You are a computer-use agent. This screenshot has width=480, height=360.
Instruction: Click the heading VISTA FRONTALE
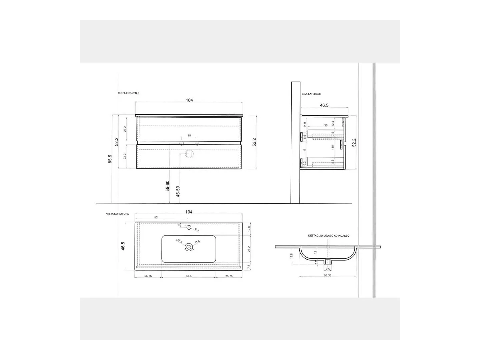pyautogui.click(x=129, y=93)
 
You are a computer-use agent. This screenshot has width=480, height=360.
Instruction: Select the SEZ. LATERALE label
pyautogui.click(x=312, y=94)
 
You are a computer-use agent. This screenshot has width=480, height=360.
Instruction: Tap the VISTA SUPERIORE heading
pyautogui.click(x=118, y=214)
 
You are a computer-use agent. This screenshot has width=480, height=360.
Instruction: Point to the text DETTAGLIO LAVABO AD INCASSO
pyautogui.click(x=329, y=236)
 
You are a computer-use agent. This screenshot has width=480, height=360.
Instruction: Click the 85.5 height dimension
pyautogui.click(x=110, y=159)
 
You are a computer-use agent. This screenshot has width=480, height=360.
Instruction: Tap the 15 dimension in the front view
pyautogui.click(x=189, y=136)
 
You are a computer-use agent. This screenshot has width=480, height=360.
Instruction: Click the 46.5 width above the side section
pyautogui.click(x=324, y=105)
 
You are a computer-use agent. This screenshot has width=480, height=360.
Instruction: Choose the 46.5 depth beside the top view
pyautogui.click(x=123, y=246)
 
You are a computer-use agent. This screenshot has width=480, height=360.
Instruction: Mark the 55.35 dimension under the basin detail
pyautogui.click(x=328, y=275)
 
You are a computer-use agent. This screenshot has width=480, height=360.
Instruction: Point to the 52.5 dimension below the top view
pyautogui.click(x=188, y=276)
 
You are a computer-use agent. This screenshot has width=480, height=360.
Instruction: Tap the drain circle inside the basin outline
pyautogui.click(x=189, y=248)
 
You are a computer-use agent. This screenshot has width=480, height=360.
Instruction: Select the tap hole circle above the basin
pyautogui.click(x=189, y=227)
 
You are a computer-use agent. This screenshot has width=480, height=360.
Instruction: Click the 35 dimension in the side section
pyautogui.click(x=326, y=126)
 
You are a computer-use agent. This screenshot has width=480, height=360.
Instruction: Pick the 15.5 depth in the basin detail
pyautogui.click(x=292, y=255)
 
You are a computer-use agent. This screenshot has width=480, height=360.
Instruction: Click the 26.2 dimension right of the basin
pyautogui.click(x=249, y=249)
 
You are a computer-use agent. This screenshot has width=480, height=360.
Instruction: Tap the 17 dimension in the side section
pyautogui.click(x=305, y=150)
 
